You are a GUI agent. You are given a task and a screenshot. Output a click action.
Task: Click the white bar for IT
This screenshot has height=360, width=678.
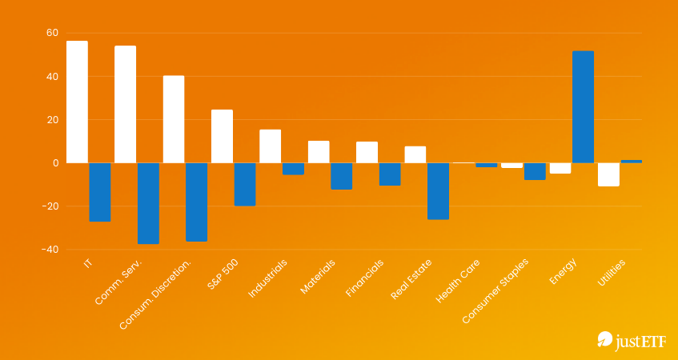point(77,102)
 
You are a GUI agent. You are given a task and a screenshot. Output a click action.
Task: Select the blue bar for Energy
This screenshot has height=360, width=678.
point(583,107)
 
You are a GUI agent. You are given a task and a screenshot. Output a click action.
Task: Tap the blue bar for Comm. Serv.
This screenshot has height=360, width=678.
point(148,203)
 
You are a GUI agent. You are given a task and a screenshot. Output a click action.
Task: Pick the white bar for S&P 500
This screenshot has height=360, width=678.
point(222,137)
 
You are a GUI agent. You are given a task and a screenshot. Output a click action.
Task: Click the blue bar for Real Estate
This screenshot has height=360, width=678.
point(438,191)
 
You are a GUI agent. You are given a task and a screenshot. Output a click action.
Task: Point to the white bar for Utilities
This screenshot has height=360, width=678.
point(608,174)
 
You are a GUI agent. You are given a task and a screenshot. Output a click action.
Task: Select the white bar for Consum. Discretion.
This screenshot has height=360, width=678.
point(174,119)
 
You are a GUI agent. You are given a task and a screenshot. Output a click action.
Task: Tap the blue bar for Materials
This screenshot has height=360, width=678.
point(342,176)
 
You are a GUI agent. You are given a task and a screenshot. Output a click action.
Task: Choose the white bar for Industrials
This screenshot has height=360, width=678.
point(270,146)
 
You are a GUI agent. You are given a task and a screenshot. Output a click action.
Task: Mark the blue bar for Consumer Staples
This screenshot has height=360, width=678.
point(535,171)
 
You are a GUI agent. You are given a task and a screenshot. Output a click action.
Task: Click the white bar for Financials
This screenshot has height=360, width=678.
point(367,152)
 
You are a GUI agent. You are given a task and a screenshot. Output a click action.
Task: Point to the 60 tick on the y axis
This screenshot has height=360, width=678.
point(52,34)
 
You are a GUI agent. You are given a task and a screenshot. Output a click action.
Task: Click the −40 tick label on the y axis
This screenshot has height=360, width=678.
point(50,250)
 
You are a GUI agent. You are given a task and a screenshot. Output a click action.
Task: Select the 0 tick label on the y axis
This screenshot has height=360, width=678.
point(55,163)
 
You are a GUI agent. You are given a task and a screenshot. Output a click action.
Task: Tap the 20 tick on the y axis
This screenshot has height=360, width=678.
point(52,120)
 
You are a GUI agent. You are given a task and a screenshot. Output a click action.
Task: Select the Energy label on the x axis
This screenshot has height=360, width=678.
point(562,272)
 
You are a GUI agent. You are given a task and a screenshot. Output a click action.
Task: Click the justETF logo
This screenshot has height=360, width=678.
point(629,342)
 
